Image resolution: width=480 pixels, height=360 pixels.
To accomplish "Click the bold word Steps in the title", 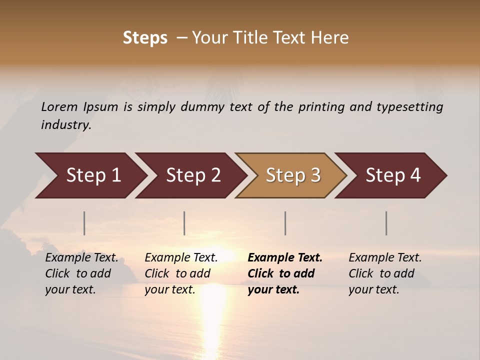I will (x=145, y=38).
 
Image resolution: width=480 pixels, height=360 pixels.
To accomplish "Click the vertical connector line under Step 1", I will (x=84, y=223).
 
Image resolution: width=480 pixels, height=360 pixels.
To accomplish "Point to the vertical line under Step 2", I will (x=184, y=223).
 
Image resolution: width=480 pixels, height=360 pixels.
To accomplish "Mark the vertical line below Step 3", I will (x=285, y=223).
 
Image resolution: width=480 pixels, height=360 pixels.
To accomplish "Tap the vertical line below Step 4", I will (x=386, y=223).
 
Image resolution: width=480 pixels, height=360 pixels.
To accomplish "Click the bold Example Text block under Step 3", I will (x=285, y=273).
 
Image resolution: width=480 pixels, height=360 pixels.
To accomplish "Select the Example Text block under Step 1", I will (x=81, y=273).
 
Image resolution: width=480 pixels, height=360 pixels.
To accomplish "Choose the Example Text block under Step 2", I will (x=181, y=273).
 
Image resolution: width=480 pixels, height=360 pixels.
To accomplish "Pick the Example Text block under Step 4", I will (x=385, y=273).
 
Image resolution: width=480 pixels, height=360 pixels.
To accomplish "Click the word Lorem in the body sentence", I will (x=59, y=106).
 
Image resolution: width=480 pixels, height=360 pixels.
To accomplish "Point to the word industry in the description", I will (x=66, y=125).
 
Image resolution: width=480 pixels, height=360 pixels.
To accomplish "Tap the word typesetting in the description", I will (x=409, y=107).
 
